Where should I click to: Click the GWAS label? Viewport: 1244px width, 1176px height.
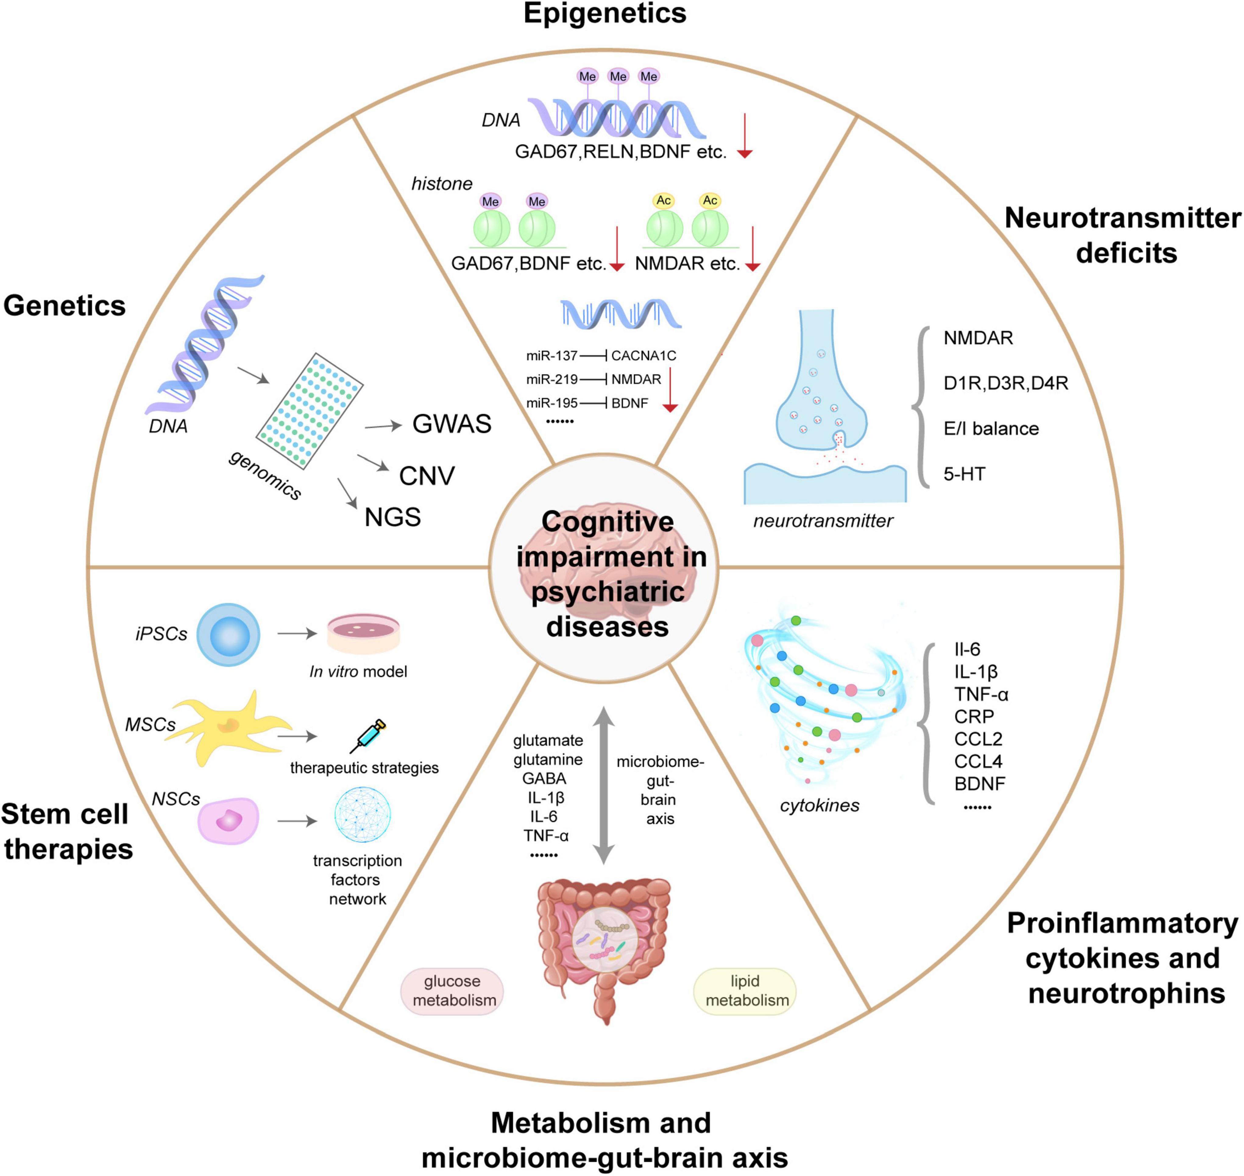pyautogui.click(x=452, y=424)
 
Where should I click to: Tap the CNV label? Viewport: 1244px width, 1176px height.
pyautogui.click(x=426, y=476)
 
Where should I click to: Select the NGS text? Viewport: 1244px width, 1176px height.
pyautogui.click(x=392, y=517)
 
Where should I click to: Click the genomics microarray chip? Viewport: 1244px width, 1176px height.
pyautogui.click(x=309, y=411)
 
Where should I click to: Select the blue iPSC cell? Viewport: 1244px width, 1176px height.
pyautogui.click(x=228, y=634)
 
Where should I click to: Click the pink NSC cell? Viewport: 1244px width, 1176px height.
pyautogui.click(x=228, y=821)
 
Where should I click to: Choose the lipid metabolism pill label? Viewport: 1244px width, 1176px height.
pyautogui.click(x=745, y=991)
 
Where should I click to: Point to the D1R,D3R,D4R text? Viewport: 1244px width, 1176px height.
pyautogui.click(x=1005, y=383)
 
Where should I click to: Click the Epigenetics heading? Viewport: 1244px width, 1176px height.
pyautogui.click(x=604, y=14)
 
